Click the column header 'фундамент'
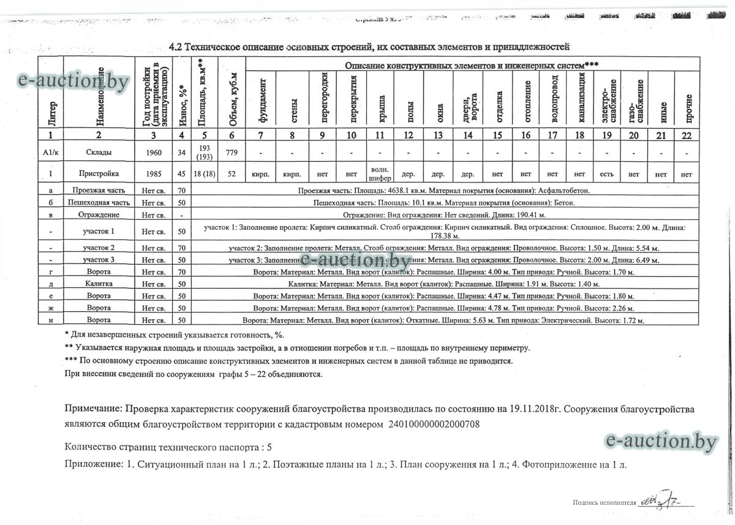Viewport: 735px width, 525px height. pos(262,97)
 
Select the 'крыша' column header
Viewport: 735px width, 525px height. pos(380,97)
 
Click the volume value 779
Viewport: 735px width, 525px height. pos(232,153)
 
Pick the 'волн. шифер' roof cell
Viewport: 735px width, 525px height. pos(380,174)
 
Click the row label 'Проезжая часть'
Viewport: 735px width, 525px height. pos(99,191)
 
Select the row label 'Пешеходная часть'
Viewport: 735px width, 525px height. pos(99,202)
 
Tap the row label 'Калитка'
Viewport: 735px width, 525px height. pos(99,284)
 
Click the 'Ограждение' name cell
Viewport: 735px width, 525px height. pos(99,214)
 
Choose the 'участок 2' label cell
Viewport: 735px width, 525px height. pos(99,248)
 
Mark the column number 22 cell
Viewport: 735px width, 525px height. pos(688,135)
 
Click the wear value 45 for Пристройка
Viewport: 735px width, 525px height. pos(181,175)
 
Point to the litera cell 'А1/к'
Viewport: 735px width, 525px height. pos(51,153)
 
